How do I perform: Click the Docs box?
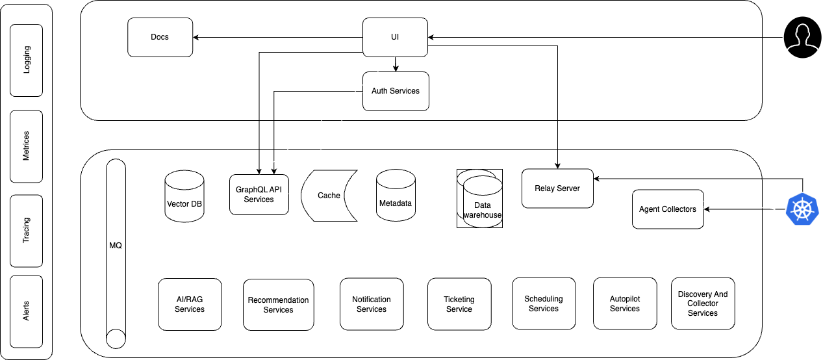tap(160, 37)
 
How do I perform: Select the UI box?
tap(395, 37)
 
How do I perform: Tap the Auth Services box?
tap(395, 91)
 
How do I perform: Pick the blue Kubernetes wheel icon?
tap(804, 209)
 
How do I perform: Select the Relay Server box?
tap(557, 188)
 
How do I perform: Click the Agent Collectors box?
tap(668, 209)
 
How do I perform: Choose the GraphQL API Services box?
tap(259, 194)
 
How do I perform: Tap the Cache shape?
tap(329, 196)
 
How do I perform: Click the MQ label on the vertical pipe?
tap(115, 246)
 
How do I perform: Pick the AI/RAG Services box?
tap(190, 304)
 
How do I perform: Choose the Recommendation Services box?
tap(278, 305)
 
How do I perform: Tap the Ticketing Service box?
tap(459, 304)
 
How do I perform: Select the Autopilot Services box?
tap(625, 303)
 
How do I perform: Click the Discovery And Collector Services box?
tap(702, 303)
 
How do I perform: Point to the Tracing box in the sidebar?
tap(27, 229)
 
